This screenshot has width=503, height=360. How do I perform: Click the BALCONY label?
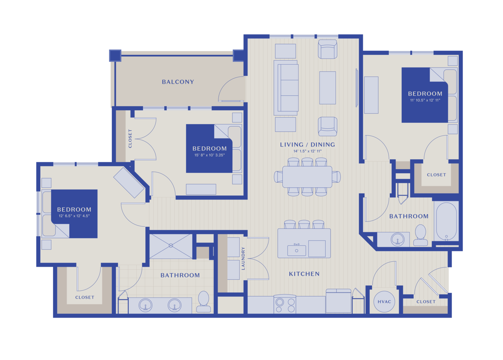coord(178,82)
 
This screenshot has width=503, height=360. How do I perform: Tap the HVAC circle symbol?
coord(384,302)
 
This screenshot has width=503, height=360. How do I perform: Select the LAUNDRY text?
coord(243,258)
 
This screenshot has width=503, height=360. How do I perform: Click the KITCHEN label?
coord(304,274)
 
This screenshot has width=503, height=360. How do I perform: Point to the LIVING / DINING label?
coord(308,144)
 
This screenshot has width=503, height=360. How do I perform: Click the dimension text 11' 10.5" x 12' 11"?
coord(425,100)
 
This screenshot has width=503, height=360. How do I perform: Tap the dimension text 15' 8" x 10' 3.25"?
coord(209,155)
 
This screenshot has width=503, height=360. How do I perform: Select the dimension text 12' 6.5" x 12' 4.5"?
coord(74,216)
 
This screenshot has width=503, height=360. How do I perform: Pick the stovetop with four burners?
coord(285,304)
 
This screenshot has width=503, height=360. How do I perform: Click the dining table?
coord(307,177)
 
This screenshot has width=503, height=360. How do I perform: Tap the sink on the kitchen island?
coord(296,250)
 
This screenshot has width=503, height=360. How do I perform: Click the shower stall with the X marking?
coord(171,246)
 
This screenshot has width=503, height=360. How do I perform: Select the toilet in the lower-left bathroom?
coord(204,302)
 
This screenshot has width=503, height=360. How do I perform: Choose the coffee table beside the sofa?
coord(328,88)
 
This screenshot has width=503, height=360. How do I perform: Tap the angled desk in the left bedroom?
coord(129,183)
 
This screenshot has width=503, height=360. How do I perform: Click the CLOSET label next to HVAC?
coord(426,302)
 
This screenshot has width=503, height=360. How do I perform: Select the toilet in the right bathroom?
coord(421,235)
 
